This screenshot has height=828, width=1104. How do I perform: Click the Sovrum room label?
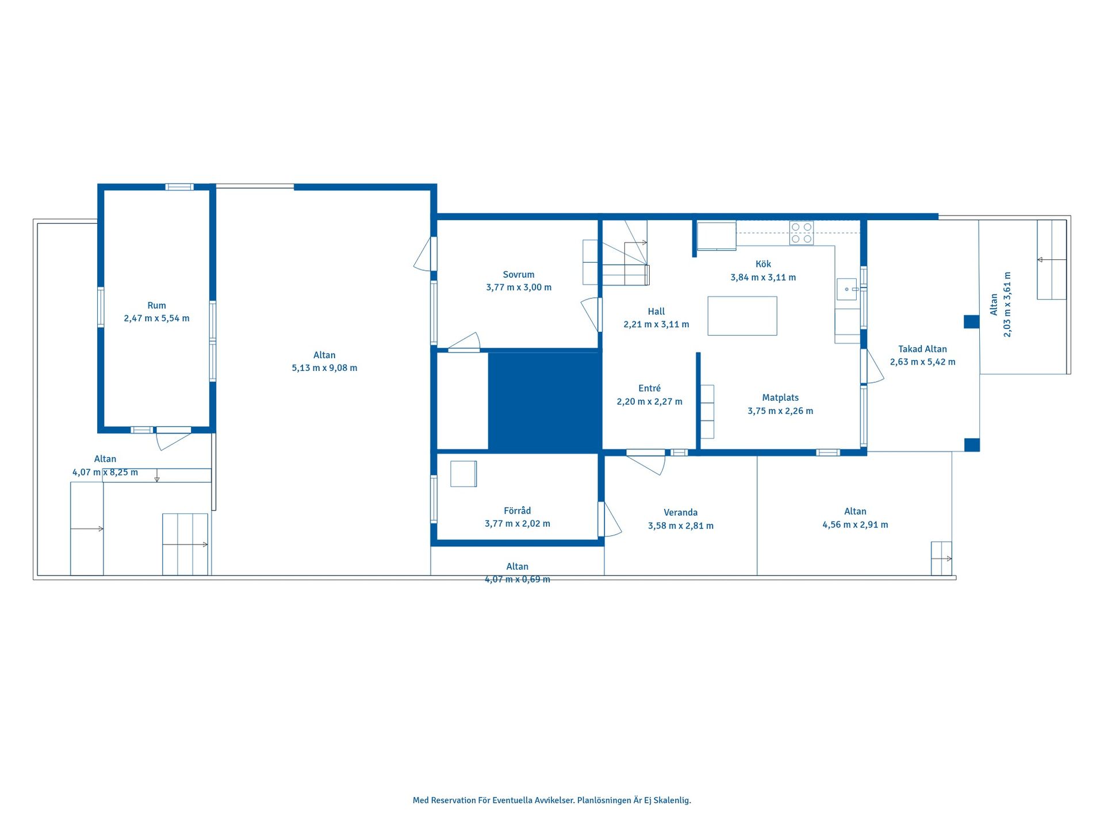click(x=518, y=275)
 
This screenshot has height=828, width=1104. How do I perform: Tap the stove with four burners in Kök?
click(x=801, y=233)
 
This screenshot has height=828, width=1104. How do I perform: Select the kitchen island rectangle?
click(x=742, y=316)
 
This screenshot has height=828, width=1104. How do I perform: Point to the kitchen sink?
click(x=847, y=289)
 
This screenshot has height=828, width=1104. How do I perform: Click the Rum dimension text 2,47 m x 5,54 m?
click(x=156, y=319)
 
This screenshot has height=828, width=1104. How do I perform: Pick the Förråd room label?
click(x=517, y=511)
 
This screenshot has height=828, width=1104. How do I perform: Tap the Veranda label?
click(x=681, y=512)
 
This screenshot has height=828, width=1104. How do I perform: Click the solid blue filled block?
click(x=545, y=401)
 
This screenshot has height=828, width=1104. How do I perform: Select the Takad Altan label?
click(x=922, y=349)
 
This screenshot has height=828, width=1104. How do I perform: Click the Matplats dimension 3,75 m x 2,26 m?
click(x=780, y=411)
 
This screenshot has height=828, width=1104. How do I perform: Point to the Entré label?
click(x=650, y=388)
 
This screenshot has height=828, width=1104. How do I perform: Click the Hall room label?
click(x=656, y=312)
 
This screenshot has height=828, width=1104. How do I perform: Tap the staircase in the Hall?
click(x=626, y=252)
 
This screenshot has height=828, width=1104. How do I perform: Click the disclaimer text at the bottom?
click(x=552, y=800)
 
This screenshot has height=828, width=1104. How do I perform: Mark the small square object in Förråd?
click(x=463, y=474)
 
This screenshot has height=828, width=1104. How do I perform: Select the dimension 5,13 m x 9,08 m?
click(x=324, y=368)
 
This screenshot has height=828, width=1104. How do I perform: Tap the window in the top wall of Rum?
click(x=179, y=187)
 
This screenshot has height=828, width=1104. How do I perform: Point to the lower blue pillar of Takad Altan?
click(x=972, y=444)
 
